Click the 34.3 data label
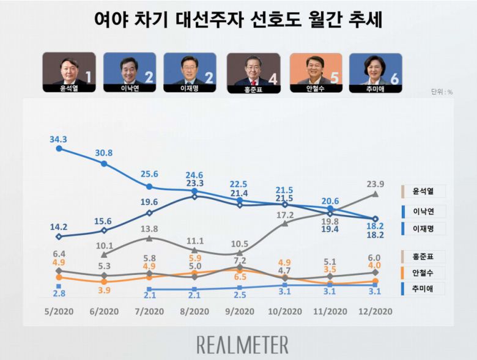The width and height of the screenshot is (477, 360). point(59,139)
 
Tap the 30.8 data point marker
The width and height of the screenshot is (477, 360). point(104,164)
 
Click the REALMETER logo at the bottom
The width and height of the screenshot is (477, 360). point(242,345)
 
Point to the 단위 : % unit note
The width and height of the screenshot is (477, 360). point(441,92)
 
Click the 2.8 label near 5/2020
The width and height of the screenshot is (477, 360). point(59,295)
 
